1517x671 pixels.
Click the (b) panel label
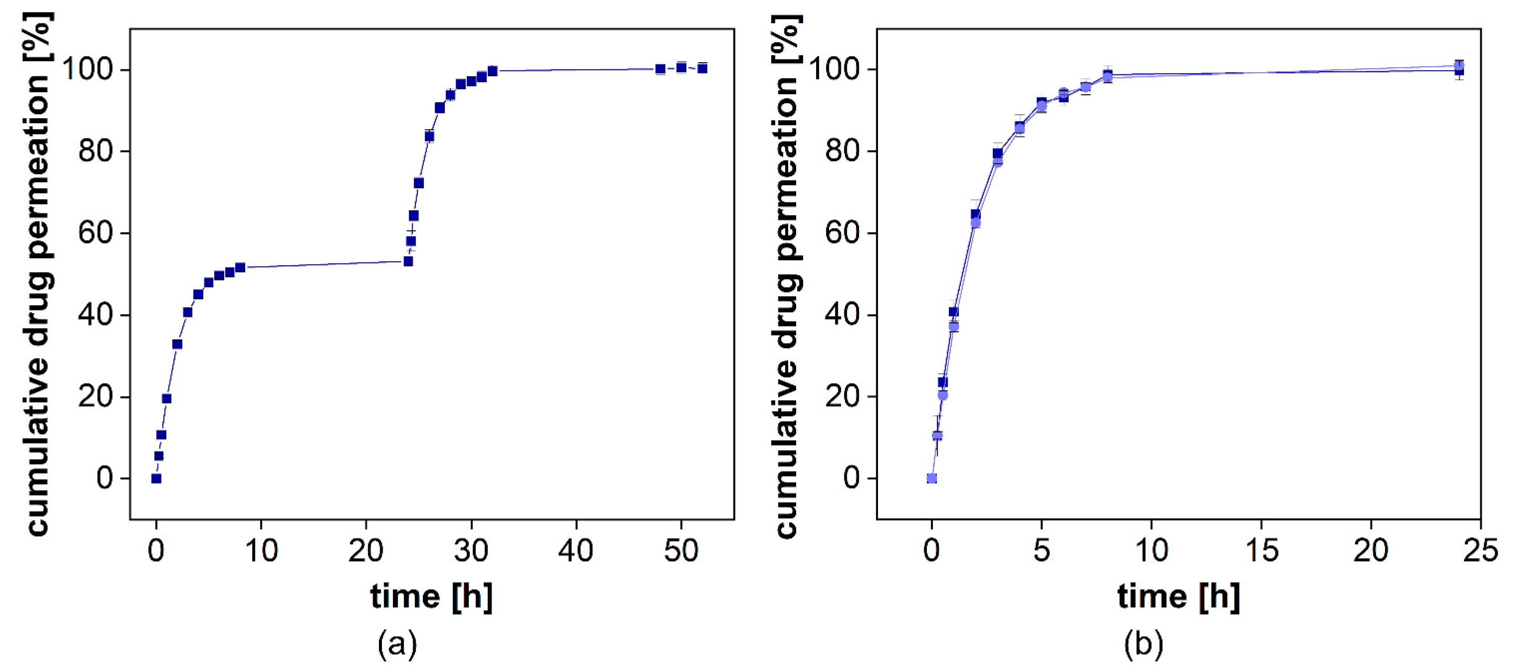click(1143, 644)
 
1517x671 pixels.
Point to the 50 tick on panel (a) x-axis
click(681, 551)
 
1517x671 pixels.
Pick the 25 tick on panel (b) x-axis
click(1480, 551)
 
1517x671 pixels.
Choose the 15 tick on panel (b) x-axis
click(1261, 551)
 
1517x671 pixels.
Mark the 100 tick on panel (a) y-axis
click(87, 70)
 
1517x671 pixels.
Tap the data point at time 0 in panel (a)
click(156, 478)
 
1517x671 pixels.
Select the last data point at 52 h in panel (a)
click(702, 68)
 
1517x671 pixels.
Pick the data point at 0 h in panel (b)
click(932, 478)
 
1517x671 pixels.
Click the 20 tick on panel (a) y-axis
click(96, 396)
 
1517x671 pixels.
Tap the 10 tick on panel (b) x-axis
click(1151, 551)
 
